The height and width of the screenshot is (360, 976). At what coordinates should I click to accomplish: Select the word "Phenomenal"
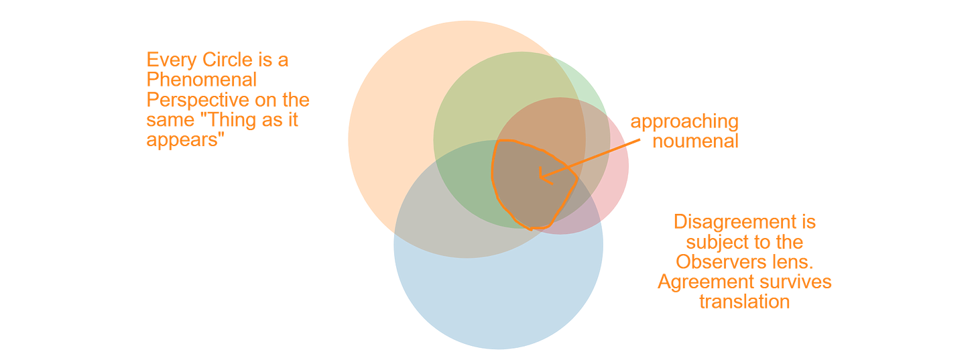(202, 80)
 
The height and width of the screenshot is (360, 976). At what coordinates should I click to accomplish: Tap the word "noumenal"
(695, 141)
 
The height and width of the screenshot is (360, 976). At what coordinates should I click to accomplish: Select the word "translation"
(745, 302)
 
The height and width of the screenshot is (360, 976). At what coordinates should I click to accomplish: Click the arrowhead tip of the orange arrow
(540, 177)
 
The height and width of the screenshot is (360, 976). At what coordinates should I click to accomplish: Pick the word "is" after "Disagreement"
(807, 223)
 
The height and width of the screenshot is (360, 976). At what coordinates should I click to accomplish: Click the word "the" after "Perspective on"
(296, 100)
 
